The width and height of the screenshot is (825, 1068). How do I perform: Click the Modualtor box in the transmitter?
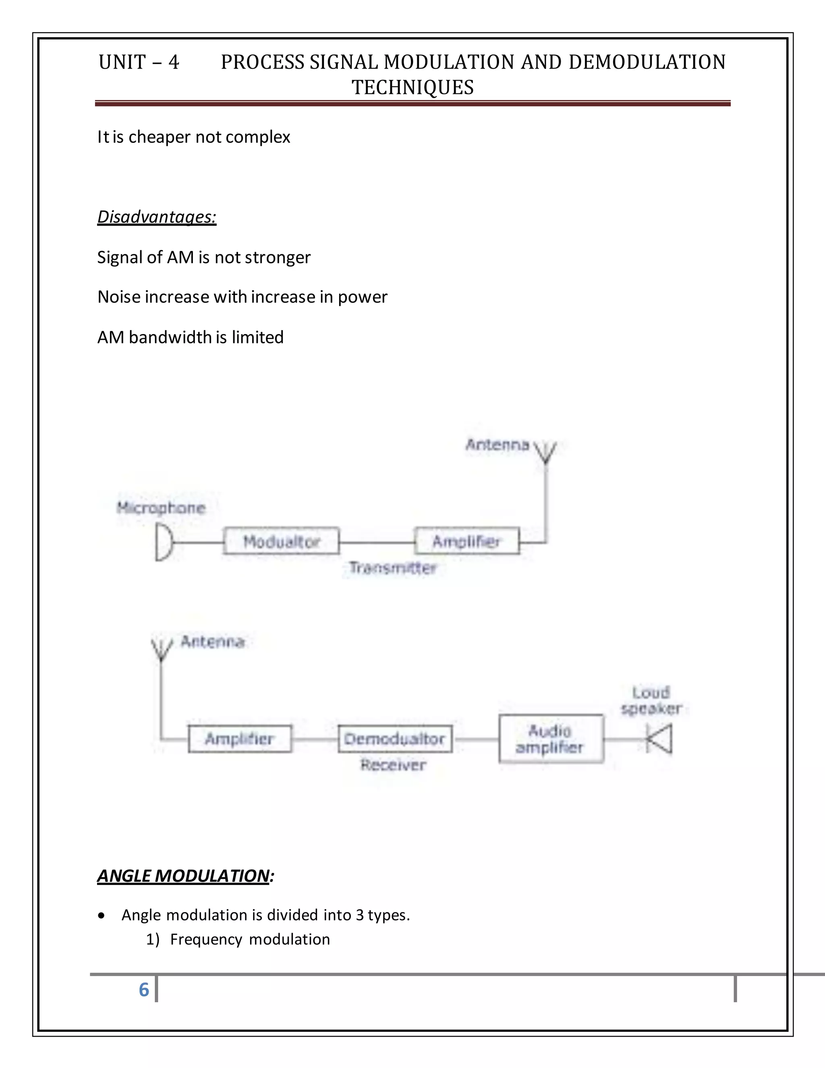(281, 541)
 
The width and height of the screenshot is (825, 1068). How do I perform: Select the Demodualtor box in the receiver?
(395, 738)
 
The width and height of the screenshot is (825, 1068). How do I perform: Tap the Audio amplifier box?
(551, 738)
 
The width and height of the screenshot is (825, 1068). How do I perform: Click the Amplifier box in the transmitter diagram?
(467, 541)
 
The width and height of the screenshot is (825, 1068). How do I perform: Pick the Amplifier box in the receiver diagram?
(240, 738)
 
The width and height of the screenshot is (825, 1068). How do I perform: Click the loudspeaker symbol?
(660, 738)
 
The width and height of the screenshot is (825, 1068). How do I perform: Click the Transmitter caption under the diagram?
(392, 568)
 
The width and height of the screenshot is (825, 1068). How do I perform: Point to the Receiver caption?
(394, 765)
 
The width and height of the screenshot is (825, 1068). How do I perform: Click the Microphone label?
(161, 508)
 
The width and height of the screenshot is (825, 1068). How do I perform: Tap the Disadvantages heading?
(156, 217)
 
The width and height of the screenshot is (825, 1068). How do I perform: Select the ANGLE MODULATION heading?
(183, 875)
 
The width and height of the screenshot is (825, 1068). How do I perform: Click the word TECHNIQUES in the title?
(412, 87)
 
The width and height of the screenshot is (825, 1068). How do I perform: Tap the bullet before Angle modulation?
(101, 915)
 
